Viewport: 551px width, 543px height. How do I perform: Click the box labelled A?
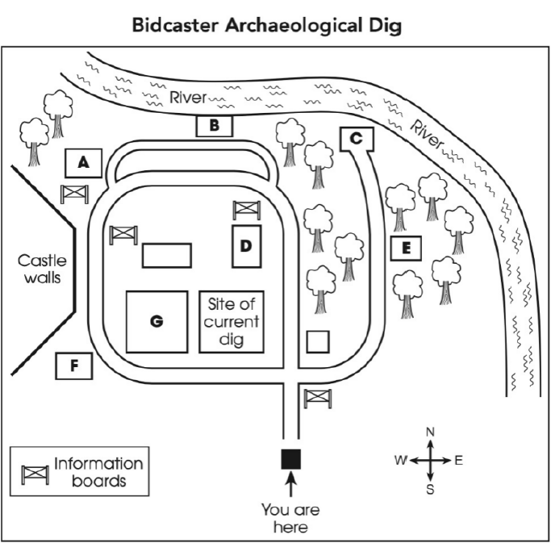tap(82, 163)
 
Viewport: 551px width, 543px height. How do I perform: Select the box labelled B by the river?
tap(214, 126)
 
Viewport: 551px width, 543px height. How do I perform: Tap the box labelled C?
tap(357, 139)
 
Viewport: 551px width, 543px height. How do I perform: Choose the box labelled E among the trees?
tap(406, 249)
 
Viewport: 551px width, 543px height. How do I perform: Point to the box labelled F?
tap(73, 366)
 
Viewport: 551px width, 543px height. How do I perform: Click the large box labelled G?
tap(157, 321)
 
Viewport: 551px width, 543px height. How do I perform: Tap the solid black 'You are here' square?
tap(290, 458)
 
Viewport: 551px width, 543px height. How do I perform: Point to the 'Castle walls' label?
tap(42, 270)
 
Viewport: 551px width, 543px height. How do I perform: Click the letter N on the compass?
tap(430, 432)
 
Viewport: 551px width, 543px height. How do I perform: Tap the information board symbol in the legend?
tap(34, 474)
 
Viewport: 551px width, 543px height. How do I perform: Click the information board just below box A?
tap(74, 194)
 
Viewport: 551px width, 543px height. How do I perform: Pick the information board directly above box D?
tap(246, 211)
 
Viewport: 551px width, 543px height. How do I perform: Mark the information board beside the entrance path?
tap(317, 398)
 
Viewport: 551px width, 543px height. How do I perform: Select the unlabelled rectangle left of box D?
tap(166, 255)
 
